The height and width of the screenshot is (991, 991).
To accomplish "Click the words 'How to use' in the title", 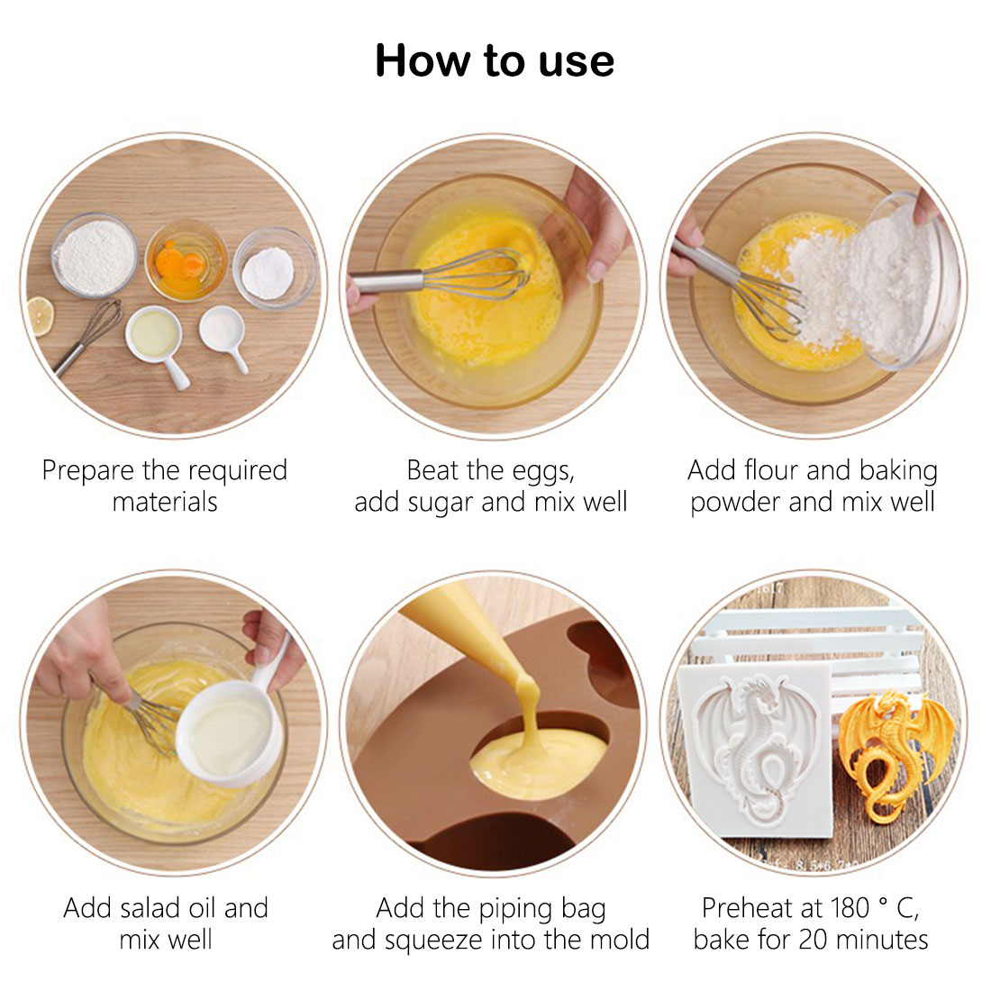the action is click(495, 60).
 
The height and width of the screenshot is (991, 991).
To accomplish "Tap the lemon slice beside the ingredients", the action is click(40, 316).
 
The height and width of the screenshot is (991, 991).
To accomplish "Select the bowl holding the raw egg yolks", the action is click(186, 260).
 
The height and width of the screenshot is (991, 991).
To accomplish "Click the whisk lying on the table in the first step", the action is click(88, 337).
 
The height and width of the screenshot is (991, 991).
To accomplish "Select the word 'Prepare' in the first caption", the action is click(88, 471).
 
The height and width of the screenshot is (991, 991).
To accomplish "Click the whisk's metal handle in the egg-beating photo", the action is click(386, 282).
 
